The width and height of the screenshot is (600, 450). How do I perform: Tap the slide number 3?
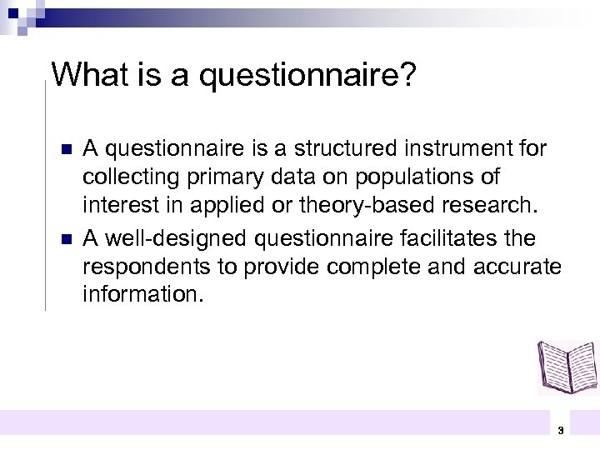[560, 431]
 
